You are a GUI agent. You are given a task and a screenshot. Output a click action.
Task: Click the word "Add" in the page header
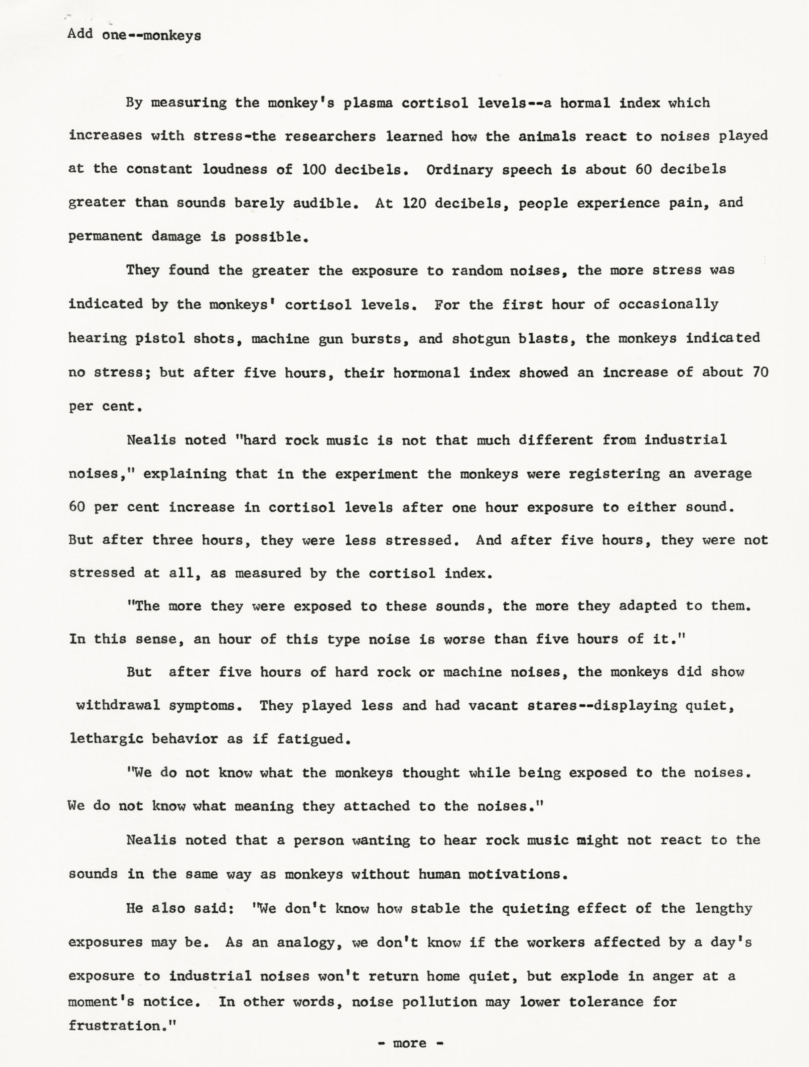coord(80,34)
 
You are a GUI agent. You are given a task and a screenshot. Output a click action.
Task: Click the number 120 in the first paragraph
coord(414,203)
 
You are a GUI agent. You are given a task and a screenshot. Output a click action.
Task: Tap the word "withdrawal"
coord(118,705)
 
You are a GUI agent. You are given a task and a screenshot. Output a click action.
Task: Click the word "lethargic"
coord(106,739)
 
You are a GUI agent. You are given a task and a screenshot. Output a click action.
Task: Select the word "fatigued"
coord(313,739)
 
